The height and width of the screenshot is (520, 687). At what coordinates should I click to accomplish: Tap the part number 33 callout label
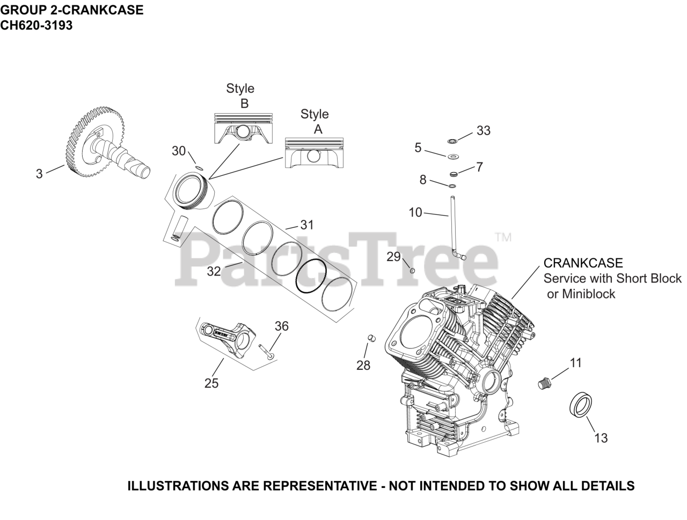pyautogui.click(x=484, y=131)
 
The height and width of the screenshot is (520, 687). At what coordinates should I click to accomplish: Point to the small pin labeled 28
pyautogui.click(x=371, y=337)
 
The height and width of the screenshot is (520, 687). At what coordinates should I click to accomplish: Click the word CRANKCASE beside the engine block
pyautogui.click(x=583, y=263)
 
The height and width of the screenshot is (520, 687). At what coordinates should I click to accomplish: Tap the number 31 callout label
pyautogui.click(x=306, y=225)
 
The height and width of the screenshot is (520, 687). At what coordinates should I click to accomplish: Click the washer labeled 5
pyautogui.click(x=453, y=157)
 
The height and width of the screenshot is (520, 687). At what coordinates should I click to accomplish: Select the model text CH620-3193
pyautogui.click(x=36, y=25)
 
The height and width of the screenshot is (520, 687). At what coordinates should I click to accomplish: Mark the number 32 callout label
pyautogui.click(x=214, y=271)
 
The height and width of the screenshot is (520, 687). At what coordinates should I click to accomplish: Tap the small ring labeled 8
pyautogui.click(x=452, y=186)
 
